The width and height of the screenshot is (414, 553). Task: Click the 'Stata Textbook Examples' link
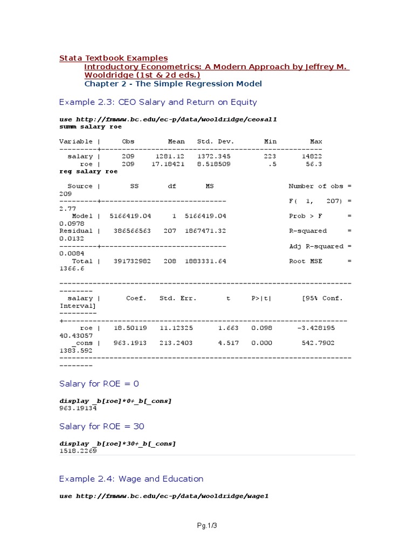(x=113, y=58)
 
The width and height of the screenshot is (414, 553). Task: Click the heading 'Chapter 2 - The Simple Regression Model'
(x=173, y=84)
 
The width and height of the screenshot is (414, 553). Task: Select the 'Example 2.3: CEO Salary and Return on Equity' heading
(x=158, y=102)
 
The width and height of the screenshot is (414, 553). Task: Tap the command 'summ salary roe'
(x=90, y=126)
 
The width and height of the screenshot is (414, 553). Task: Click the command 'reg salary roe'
(x=88, y=171)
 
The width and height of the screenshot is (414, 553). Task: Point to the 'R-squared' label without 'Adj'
(x=308, y=231)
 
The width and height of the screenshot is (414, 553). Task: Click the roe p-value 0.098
(x=261, y=328)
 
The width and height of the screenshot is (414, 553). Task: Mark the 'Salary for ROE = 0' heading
(x=99, y=384)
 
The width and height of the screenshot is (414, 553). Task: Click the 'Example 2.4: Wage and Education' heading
(x=131, y=479)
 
